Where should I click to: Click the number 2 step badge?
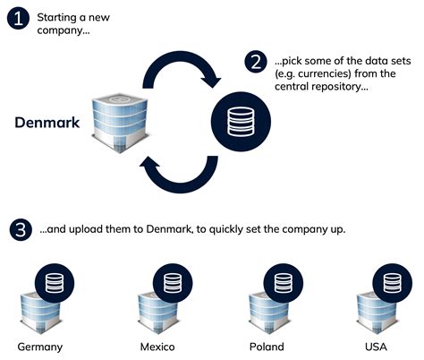click(x=255, y=61)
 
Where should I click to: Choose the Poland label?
click(x=267, y=346)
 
